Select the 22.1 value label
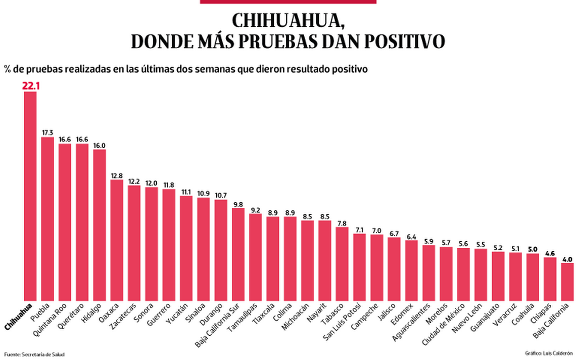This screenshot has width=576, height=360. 30,86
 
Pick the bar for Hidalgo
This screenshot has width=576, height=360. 100,224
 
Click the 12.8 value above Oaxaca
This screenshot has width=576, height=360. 117,175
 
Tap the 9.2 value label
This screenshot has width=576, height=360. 255,209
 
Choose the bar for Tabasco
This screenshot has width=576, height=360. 342,263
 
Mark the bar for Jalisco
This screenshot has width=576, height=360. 394,268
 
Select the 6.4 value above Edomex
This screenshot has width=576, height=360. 411,236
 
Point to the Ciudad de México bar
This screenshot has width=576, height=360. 463,274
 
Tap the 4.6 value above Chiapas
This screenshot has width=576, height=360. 550,253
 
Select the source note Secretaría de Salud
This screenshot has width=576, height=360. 34,354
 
